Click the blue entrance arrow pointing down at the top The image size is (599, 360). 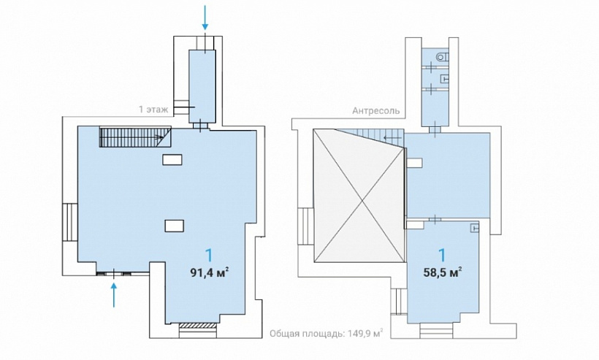tap(205, 18)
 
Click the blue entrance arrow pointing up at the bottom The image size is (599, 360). tap(114, 294)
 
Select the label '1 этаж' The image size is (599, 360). tap(153, 110)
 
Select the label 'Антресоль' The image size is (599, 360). tap(376, 111)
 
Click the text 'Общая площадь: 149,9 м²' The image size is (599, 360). tap(327, 333)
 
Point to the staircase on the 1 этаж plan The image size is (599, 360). tap(135, 137)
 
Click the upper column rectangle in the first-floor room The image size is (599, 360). tap(172, 159)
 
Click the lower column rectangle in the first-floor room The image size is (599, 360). tap(174, 226)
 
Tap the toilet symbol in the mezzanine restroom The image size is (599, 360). tap(442, 57)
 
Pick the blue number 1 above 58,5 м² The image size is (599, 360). tap(443, 256)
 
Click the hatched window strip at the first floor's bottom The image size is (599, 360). tap(197, 325)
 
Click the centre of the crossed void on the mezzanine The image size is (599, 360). tap(359, 195)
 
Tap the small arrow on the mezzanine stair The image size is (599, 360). tap(392, 137)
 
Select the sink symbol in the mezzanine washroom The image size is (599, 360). tap(444, 79)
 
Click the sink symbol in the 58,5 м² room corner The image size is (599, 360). tap(476, 228)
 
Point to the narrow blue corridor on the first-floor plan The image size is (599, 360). tap(202, 86)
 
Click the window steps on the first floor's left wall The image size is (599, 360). tap(70, 222)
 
